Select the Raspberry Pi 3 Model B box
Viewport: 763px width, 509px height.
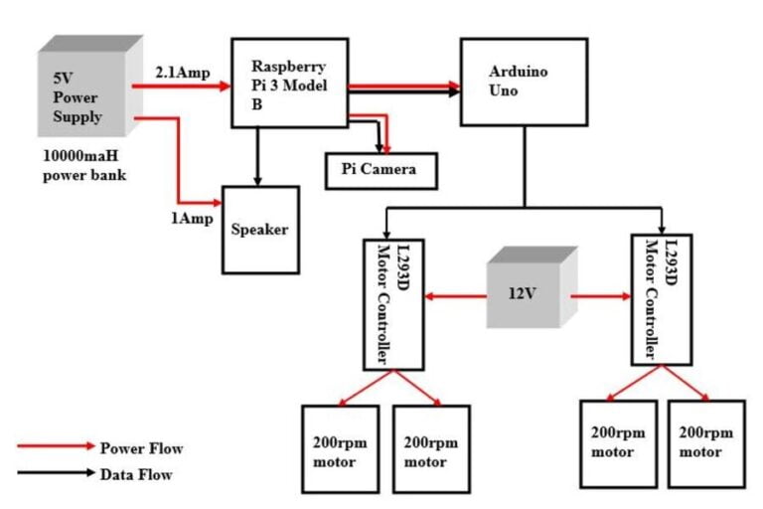pos(290,83)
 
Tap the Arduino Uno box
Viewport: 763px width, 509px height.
pos(518,82)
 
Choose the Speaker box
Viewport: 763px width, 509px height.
pos(260,230)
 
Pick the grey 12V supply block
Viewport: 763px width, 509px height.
pos(531,292)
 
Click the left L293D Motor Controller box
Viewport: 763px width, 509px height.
pos(393,303)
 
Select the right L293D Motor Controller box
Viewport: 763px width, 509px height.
pos(661,299)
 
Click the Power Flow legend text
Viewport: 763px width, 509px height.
pos(142,448)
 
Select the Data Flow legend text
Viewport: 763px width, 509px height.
pos(136,474)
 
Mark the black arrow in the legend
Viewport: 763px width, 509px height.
pos(54,474)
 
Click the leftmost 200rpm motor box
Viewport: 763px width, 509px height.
pos(340,448)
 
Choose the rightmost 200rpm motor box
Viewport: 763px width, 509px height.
pos(706,443)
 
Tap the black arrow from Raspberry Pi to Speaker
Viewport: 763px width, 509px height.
pos(259,156)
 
